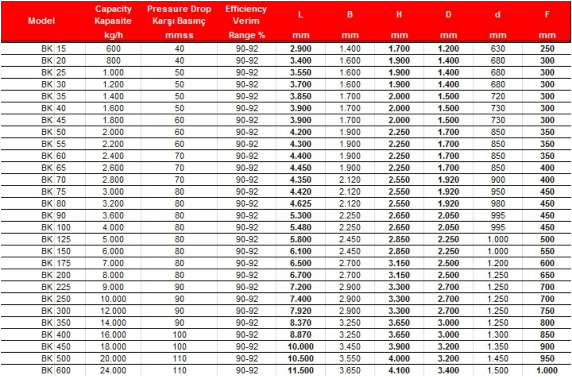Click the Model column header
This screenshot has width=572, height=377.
click(41, 21)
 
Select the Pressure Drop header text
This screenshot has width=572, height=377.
click(179, 9)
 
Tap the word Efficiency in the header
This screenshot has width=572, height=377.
click(246, 9)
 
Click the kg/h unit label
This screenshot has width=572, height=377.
click(113, 35)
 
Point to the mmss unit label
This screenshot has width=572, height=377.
click(179, 35)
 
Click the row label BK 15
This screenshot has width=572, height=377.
click(54, 49)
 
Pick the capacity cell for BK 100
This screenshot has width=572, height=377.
click(113, 228)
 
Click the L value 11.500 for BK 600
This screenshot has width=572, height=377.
click(301, 370)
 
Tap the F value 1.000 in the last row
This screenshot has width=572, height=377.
click(547, 370)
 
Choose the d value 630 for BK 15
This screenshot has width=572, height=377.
click(498, 49)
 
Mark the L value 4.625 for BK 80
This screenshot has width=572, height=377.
click(301, 204)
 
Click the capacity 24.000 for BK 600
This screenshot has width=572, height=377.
click(113, 370)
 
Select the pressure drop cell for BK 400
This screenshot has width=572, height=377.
click(180, 334)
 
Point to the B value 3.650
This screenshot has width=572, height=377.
click(350, 370)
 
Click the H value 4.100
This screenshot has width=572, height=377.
click(399, 370)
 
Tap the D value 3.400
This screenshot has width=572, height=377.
click(448, 370)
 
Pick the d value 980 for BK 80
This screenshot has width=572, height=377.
click(498, 204)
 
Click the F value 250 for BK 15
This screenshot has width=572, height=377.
click(547, 49)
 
